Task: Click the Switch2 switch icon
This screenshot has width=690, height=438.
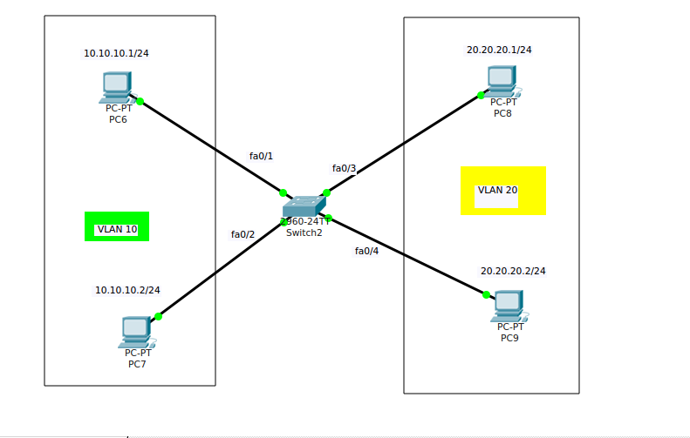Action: click(304, 206)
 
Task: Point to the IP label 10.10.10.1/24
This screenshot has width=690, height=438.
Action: click(116, 53)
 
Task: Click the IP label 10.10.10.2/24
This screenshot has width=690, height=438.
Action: click(127, 290)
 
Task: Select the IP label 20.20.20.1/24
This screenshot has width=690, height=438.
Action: click(499, 50)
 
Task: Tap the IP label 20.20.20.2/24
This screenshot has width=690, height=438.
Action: click(513, 271)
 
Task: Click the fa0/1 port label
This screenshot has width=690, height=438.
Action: click(261, 156)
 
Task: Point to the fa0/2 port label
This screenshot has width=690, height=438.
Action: click(243, 234)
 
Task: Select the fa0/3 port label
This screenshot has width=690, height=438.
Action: click(344, 168)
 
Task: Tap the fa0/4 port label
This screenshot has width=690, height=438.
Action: click(366, 251)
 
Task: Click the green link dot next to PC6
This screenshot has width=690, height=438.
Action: click(140, 101)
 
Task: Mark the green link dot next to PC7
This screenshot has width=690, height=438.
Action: click(158, 316)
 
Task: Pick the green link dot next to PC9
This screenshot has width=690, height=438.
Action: click(487, 294)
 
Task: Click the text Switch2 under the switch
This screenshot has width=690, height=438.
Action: click(304, 232)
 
